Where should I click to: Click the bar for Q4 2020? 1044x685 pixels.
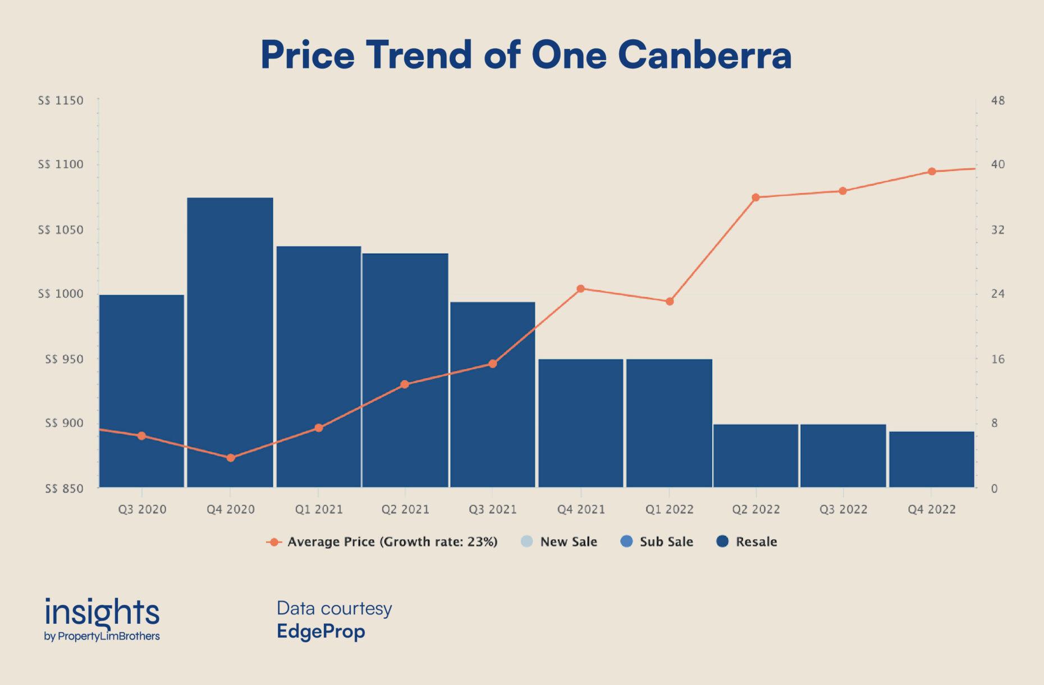230,342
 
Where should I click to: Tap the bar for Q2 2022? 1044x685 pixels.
755,456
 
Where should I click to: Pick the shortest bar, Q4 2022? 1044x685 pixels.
932,459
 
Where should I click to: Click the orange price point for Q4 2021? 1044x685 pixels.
581,289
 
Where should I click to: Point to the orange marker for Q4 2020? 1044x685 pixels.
231,458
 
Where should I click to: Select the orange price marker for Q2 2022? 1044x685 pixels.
755,197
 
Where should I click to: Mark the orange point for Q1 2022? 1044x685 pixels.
670,301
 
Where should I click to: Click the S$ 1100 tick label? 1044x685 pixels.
61,164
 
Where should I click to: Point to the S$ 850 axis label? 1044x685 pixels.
64,489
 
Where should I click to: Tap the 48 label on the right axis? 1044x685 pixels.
998,101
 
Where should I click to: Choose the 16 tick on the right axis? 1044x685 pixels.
998,359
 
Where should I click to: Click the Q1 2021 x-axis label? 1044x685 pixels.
319,509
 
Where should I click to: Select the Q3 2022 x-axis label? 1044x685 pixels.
843,509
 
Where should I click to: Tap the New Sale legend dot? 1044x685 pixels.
526,541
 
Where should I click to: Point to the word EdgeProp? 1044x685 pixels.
320,632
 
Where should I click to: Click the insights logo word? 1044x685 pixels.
102,612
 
